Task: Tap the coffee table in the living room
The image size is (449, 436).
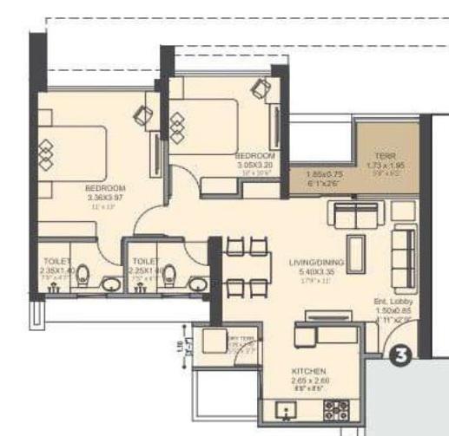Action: pos(355,244)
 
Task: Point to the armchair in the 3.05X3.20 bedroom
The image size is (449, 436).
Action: pos(261,88)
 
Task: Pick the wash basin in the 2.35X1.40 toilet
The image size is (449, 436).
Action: pos(110,283)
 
